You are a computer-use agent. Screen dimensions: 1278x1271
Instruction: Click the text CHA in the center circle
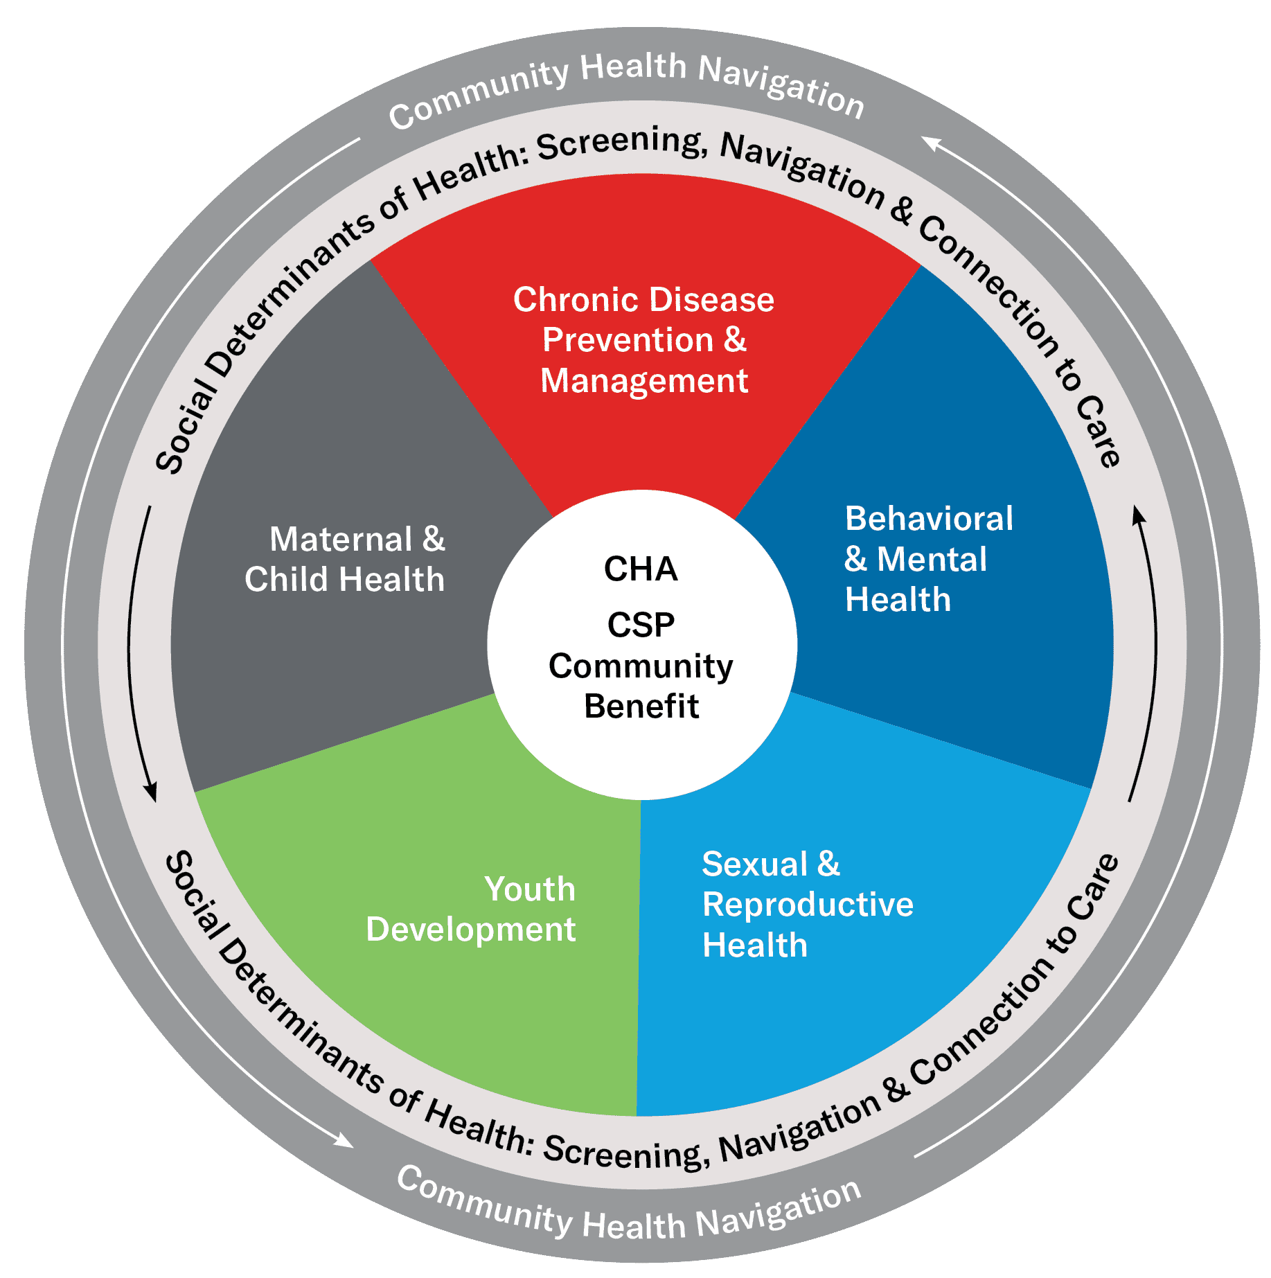point(641,569)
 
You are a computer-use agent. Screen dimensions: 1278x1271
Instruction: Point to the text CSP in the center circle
point(641,625)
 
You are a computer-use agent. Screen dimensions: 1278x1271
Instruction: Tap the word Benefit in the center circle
point(641,707)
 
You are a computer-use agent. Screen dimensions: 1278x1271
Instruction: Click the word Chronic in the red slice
point(575,300)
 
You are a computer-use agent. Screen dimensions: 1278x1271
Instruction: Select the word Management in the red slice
point(644,381)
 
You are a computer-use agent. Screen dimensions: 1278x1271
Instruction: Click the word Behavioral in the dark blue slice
point(929,519)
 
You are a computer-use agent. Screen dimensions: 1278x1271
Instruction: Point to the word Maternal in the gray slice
point(341,540)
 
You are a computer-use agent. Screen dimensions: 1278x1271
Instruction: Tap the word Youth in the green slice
point(530,889)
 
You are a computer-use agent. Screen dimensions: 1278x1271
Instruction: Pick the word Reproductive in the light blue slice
point(808,905)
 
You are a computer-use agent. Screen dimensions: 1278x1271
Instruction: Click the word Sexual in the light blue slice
point(755,864)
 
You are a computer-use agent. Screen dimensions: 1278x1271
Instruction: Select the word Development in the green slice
point(471,930)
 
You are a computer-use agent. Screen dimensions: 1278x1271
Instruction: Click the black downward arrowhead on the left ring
point(150,792)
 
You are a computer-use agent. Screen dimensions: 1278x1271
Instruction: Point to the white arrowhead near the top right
point(931,143)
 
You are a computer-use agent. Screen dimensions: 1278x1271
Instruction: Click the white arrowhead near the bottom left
point(344,1140)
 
